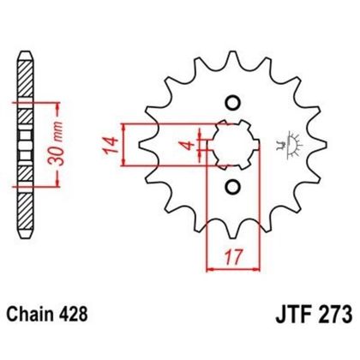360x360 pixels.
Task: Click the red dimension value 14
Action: tap(114, 143)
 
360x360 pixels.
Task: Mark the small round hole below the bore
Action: tap(230, 186)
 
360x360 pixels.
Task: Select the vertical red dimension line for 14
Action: tap(127, 143)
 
